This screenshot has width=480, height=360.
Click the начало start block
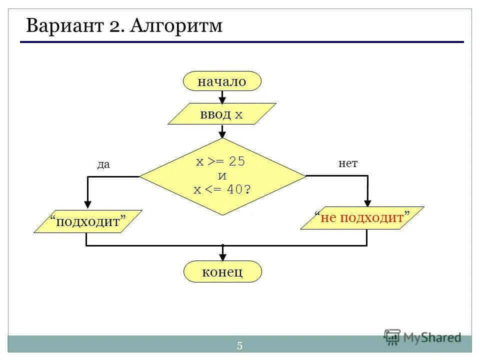pyautogui.click(x=222, y=81)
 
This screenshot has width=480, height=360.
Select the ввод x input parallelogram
pyautogui.click(x=222, y=114)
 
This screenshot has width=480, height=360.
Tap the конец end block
pyautogui.click(x=222, y=272)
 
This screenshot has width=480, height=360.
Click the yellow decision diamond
pyautogui.click(x=222, y=176)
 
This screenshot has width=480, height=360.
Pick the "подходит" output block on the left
pyautogui.click(x=88, y=221)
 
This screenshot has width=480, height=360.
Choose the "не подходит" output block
pyautogui.click(x=362, y=218)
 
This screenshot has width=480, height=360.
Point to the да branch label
pyautogui.click(x=103, y=164)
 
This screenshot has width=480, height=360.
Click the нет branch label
pyautogui.click(x=348, y=163)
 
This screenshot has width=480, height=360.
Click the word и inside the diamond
pyautogui.click(x=222, y=176)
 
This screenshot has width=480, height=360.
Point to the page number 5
pyautogui.click(x=239, y=345)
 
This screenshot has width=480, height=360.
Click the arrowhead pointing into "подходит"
pyautogui.click(x=88, y=204)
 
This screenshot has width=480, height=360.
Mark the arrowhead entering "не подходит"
pyautogui.click(x=367, y=202)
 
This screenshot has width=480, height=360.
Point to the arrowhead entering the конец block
pyautogui.click(x=222, y=257)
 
